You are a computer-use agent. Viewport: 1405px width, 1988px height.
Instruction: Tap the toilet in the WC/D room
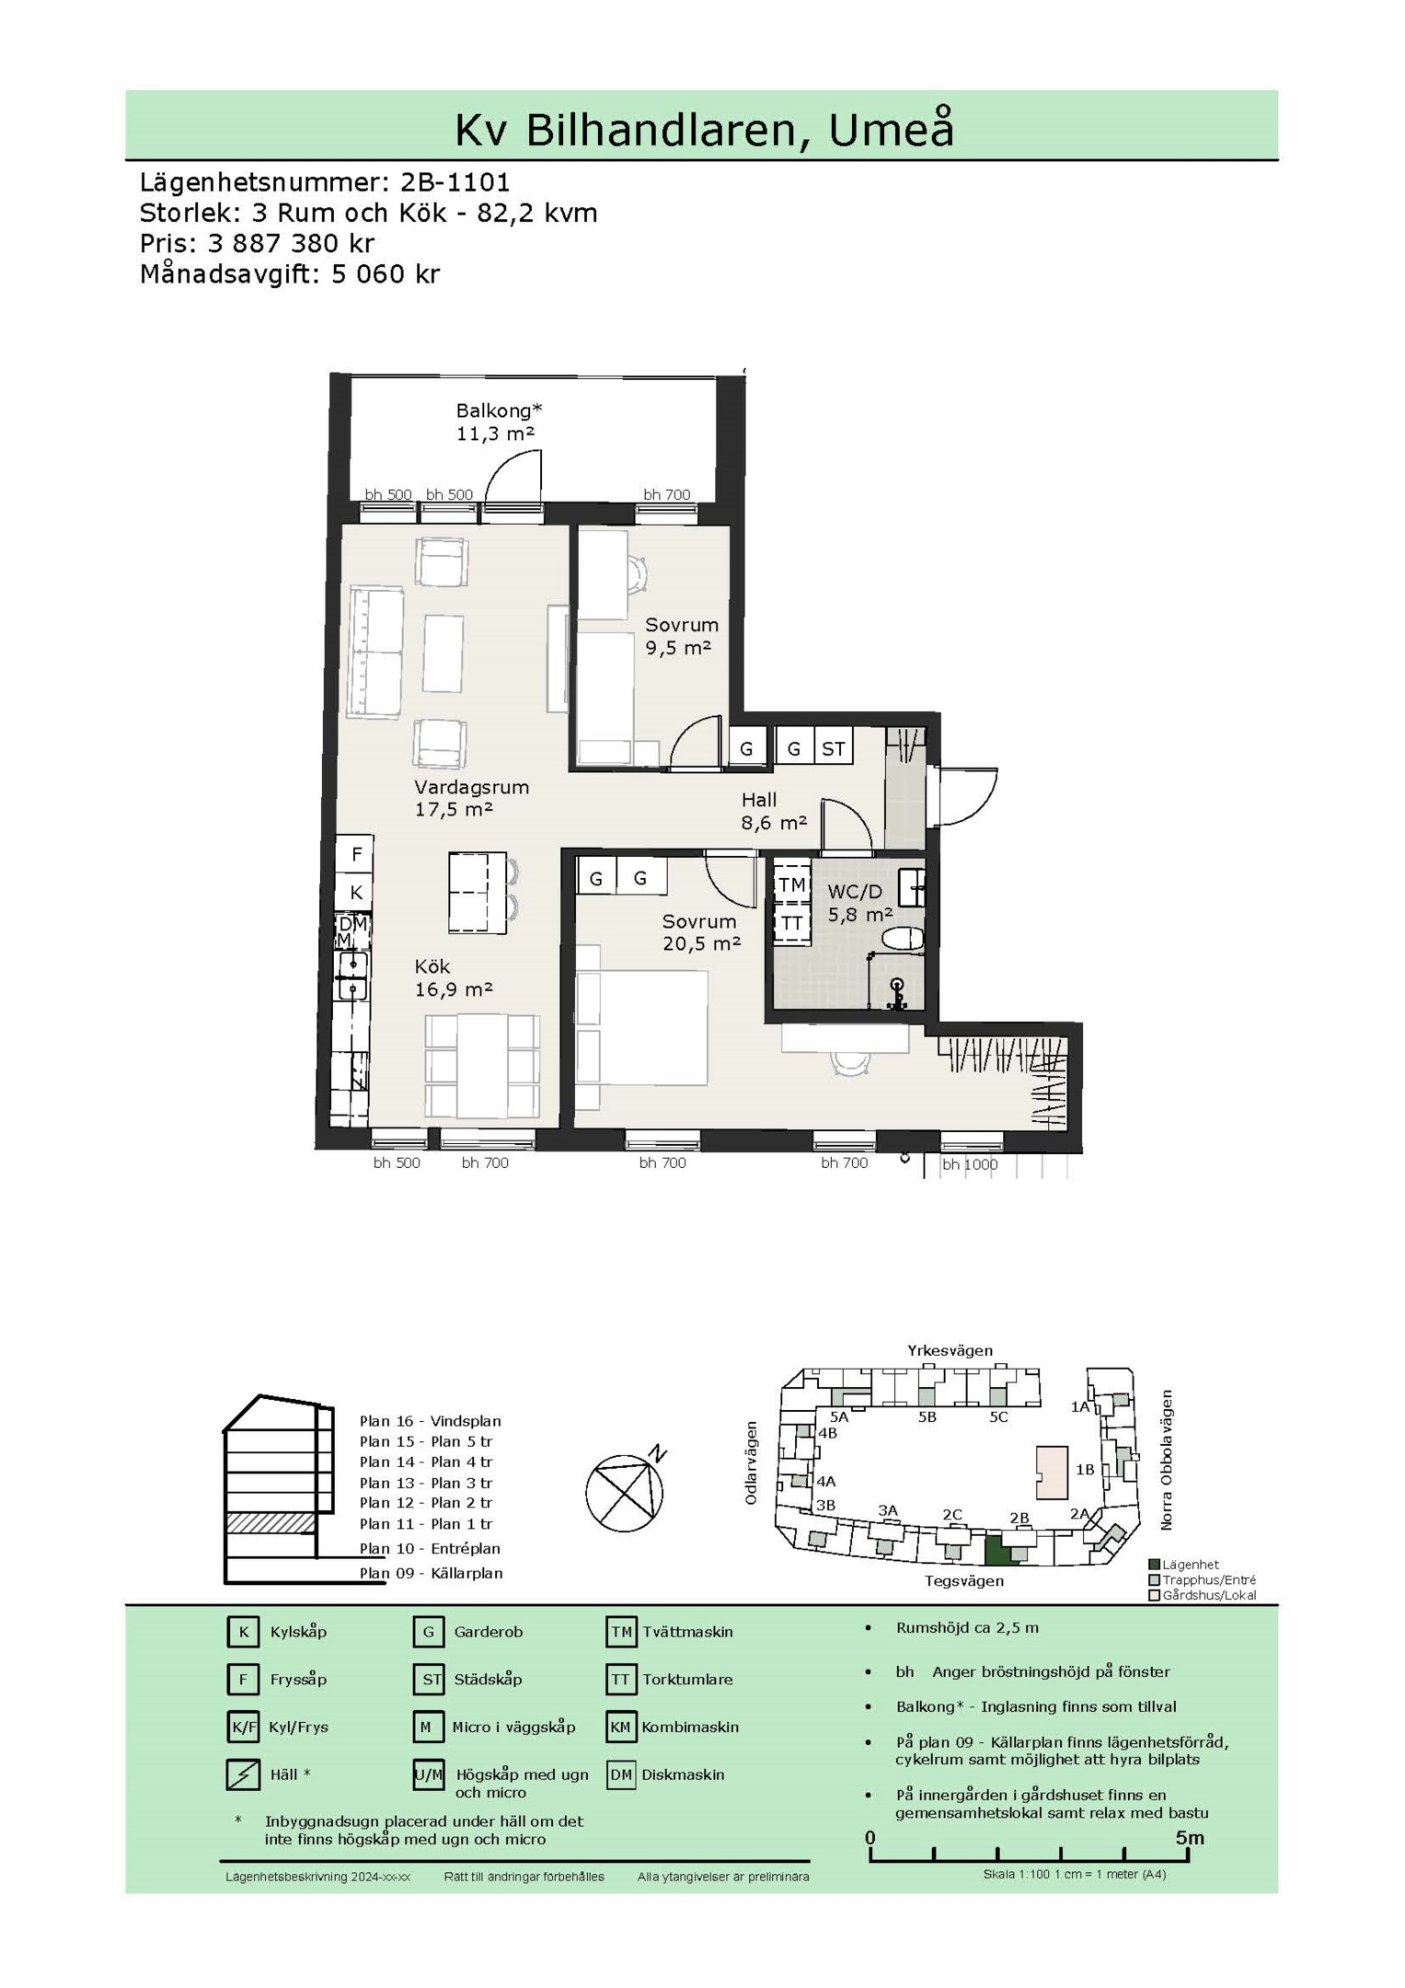902,939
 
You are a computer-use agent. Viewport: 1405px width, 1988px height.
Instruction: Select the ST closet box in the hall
834,748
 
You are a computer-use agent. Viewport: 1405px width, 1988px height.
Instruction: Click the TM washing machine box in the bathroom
792,884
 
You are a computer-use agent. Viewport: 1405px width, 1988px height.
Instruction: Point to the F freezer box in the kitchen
356,854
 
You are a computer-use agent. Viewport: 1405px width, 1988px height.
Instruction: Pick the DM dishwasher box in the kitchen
353,923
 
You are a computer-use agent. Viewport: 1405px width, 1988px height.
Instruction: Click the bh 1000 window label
970,1164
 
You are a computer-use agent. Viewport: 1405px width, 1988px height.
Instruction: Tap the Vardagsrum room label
471,787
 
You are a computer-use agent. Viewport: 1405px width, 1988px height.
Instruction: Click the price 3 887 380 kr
292,243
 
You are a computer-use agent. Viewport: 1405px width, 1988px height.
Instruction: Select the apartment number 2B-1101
455,181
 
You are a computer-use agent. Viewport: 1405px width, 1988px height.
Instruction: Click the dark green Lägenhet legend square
1155,1565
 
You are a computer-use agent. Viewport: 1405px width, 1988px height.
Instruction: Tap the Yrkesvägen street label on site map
950,1351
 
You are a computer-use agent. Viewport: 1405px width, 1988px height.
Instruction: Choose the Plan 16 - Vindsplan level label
431,1421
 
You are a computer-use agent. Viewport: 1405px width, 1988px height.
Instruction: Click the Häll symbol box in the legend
243,1774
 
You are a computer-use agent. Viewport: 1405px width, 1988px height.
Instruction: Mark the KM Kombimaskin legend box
621,1727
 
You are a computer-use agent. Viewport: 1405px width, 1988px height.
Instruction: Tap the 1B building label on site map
1086,1470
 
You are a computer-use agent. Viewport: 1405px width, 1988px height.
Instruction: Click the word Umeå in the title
891,129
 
